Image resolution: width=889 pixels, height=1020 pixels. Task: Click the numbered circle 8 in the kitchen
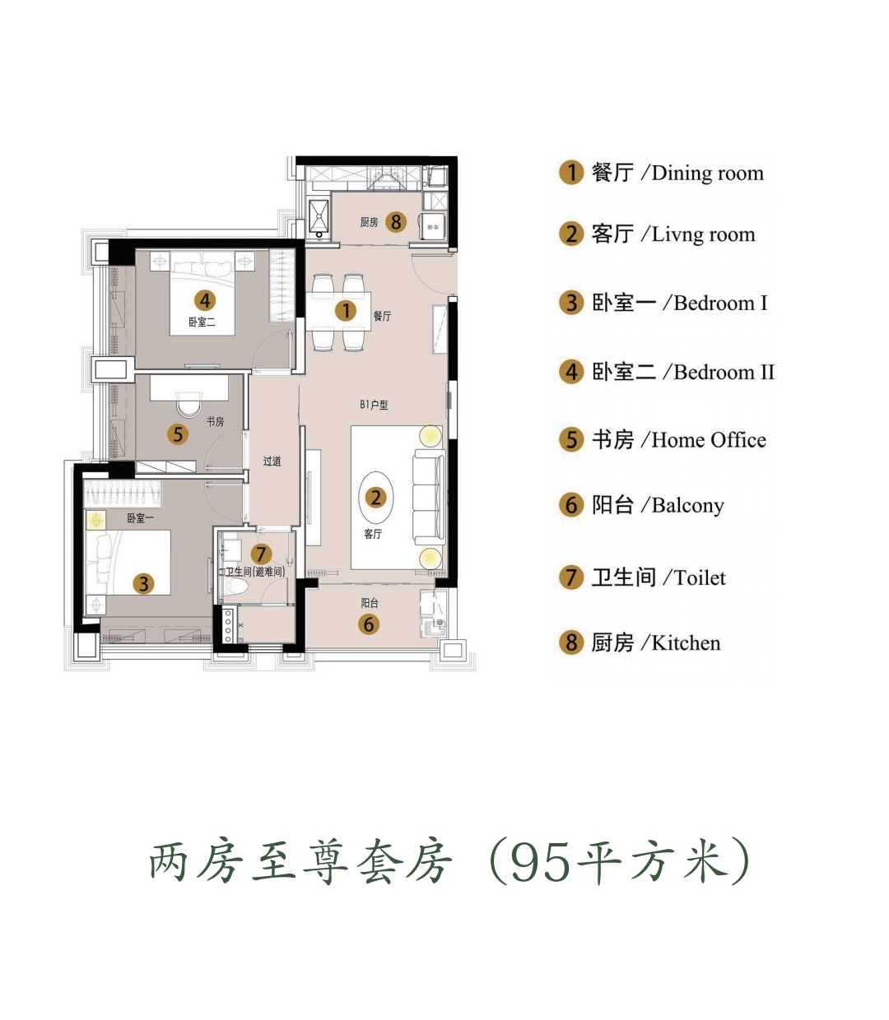point(396,222)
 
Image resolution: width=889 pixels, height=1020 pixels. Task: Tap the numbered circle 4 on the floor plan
point(205,300)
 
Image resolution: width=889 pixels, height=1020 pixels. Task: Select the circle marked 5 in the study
point(178,434)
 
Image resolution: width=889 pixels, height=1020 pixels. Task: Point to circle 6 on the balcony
point(369,624)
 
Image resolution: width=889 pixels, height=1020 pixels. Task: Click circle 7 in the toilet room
point(261,554)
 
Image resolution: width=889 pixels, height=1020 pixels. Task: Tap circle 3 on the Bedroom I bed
point(144,584)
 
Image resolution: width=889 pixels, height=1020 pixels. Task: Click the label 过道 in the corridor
point(272,461)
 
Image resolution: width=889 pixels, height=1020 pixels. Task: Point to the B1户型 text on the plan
point(374,405)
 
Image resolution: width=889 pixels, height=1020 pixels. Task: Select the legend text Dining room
point(707,174)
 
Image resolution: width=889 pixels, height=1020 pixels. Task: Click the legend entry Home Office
point(709,440)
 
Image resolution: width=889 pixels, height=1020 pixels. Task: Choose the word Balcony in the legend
point(688,506)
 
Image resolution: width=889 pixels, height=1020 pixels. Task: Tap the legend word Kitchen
point(686,643)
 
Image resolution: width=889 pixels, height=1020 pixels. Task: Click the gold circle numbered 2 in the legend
point(571,234)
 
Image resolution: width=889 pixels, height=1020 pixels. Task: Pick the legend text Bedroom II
point(724,372)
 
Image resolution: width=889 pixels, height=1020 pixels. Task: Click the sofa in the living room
point(429,497)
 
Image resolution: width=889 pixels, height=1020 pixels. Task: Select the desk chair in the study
point(189,405)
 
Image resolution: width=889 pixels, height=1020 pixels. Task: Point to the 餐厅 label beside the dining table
point(382,316)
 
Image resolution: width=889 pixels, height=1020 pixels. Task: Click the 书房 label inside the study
point(216,422)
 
